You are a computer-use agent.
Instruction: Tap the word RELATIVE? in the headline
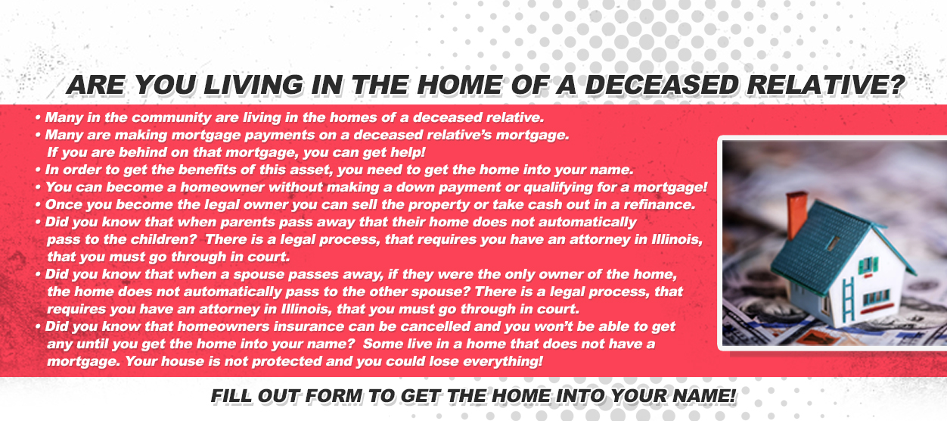point(826,85)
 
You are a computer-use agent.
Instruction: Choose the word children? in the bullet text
point(164,239)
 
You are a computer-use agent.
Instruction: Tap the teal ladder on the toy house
point(849,299)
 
